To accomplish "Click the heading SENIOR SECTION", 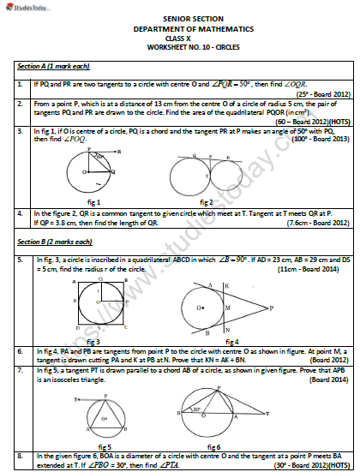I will (179, 17).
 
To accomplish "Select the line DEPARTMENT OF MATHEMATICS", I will (179, 27).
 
